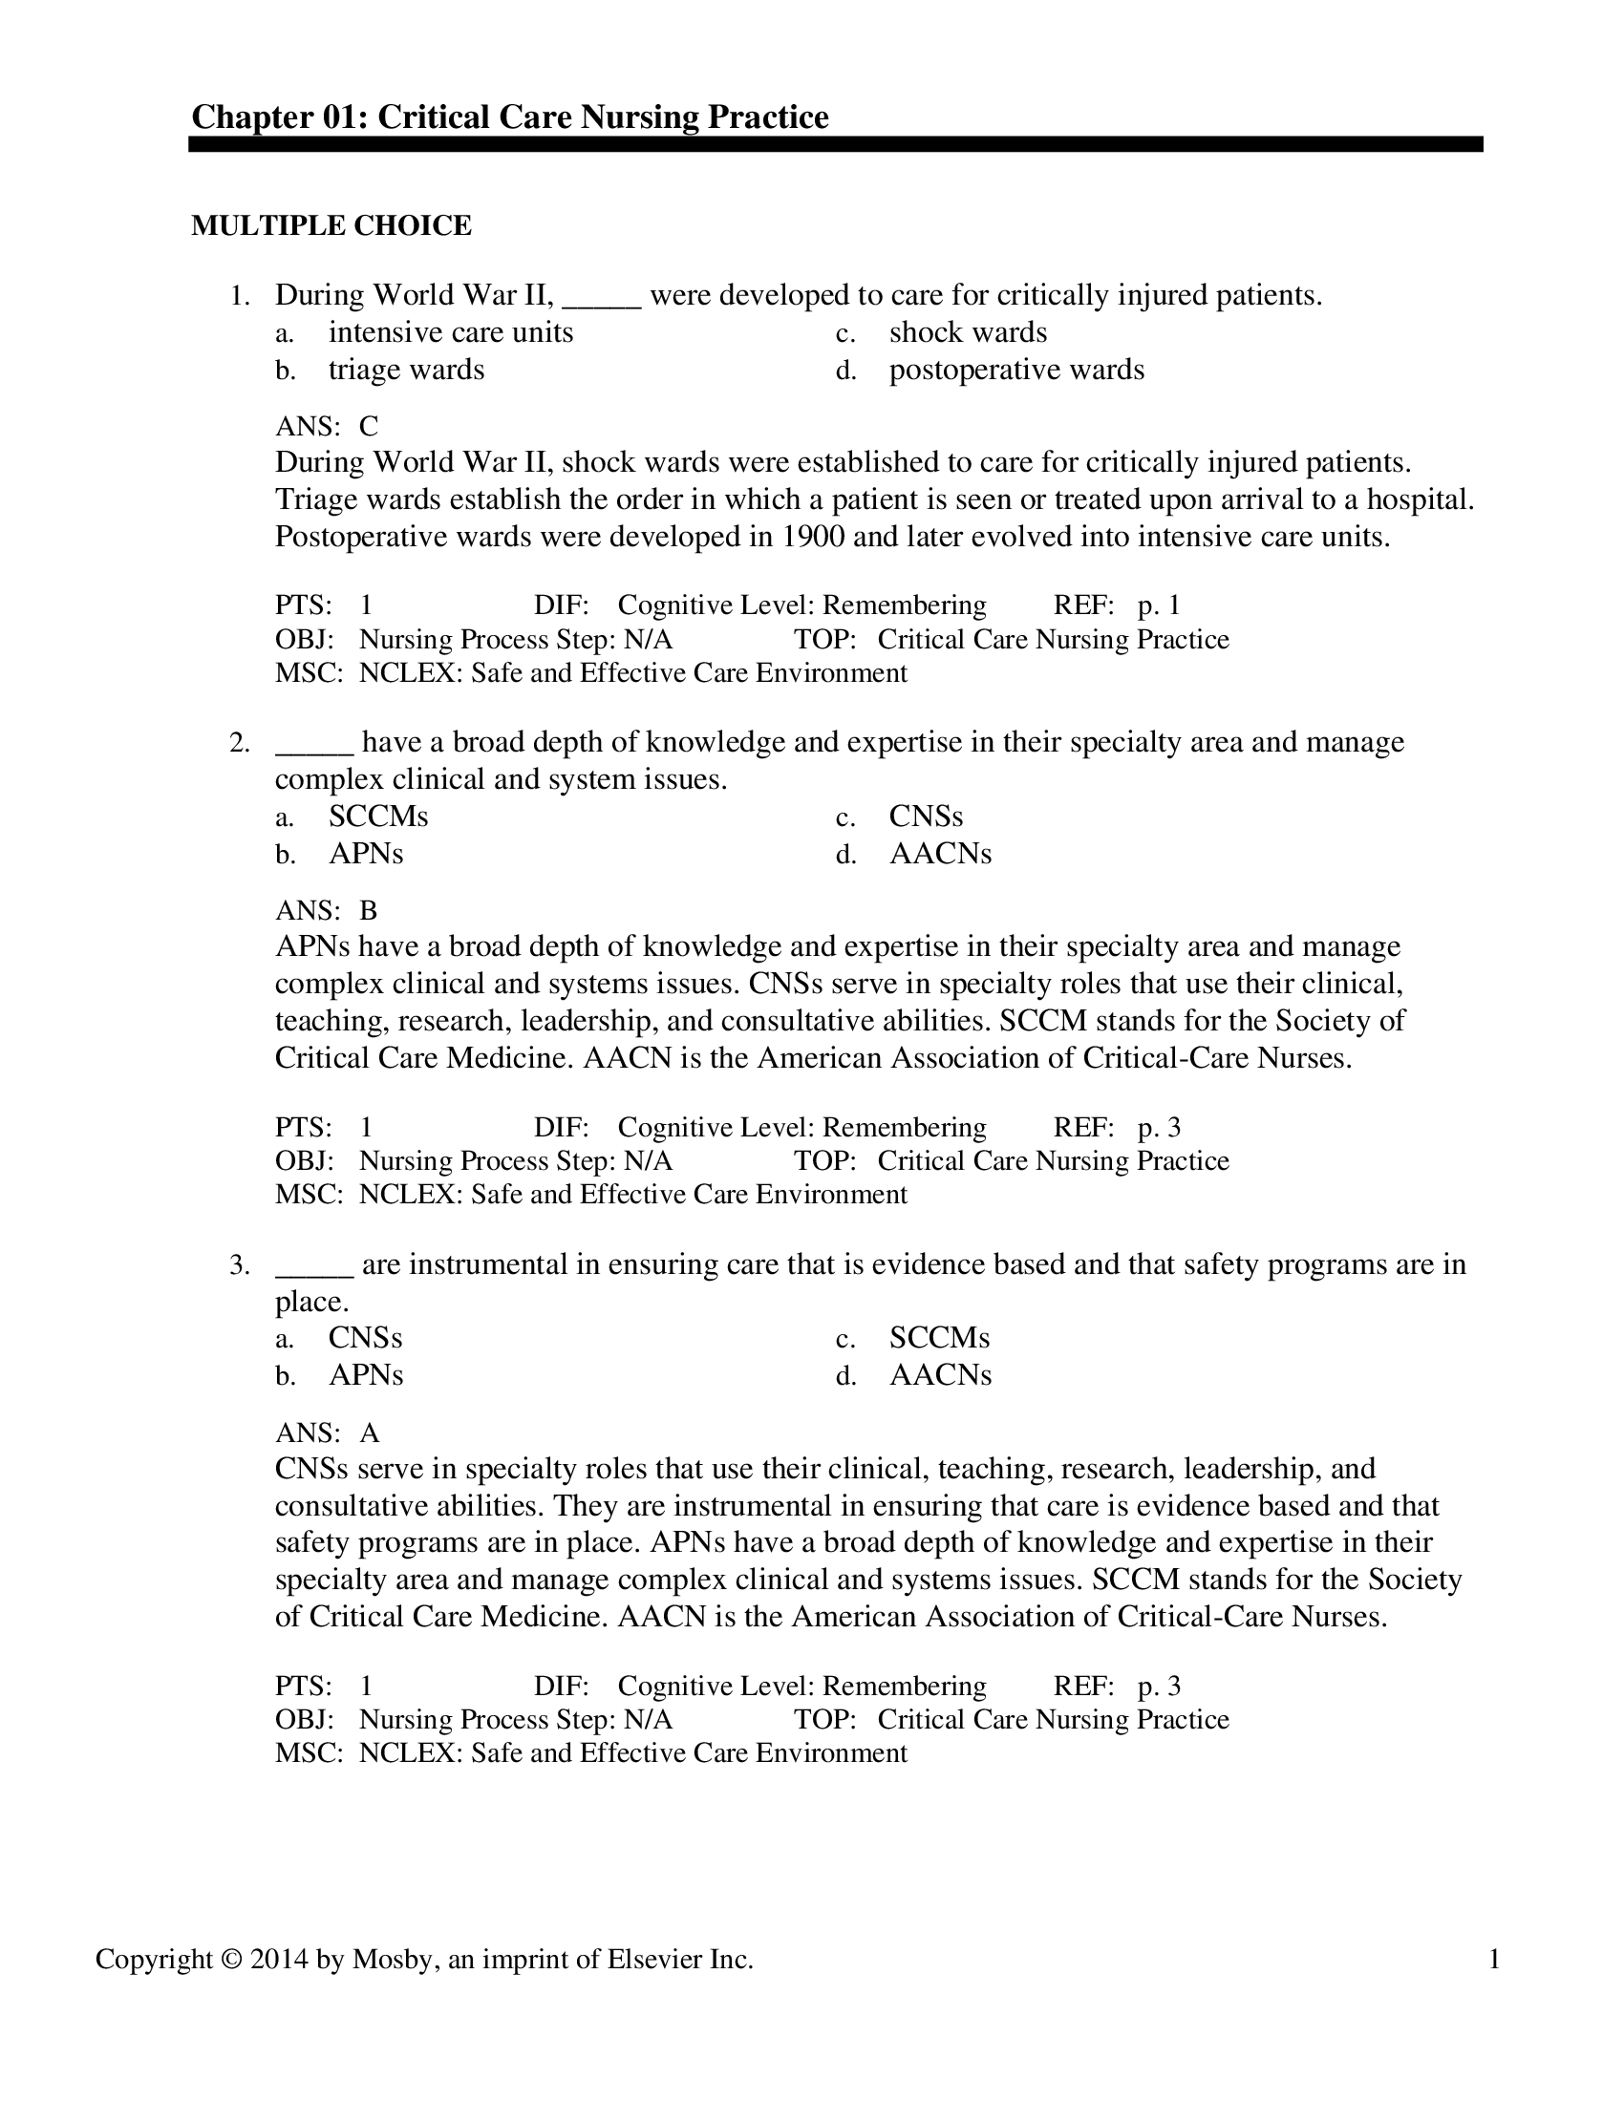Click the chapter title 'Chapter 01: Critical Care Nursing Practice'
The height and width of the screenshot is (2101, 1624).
tap(510, 117)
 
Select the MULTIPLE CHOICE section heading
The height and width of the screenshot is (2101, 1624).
tap(331, 226)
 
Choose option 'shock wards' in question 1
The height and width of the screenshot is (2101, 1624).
tap(967, 333)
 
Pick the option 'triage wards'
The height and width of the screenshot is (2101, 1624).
tap(406, 371)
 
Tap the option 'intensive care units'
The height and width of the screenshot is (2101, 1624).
tap(450, 333)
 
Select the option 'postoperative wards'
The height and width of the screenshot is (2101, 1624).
tap(1016, 371)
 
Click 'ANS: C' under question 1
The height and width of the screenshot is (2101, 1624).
tap(327, 426)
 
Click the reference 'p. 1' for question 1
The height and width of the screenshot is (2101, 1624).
tap(1159, 606)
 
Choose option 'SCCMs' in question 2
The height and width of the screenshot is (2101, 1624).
tap(378, 817)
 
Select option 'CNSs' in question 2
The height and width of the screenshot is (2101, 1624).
tap(926, 817)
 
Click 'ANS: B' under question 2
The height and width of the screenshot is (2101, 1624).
tap(327, 911)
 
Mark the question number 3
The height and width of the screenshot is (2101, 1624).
tap(240, 1265)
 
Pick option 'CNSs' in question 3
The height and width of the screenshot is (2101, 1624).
tap(366, 1339)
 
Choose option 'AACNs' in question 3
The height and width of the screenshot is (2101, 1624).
tap(940, 1375)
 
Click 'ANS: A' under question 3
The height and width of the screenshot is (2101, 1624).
tap(327, 1433)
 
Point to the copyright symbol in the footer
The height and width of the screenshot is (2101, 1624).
tap(232, 1960)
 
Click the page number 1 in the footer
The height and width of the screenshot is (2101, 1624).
tap(1494, 1960)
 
